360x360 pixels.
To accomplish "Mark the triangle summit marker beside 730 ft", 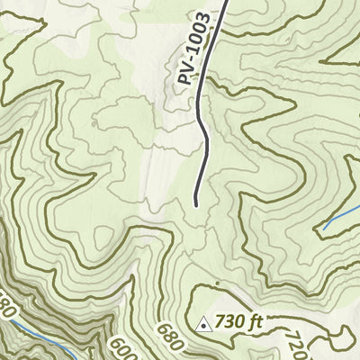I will click(x=204, y=323).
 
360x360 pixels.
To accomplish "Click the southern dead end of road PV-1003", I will click(x=196, y=205).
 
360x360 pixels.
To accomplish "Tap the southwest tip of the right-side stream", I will click(x=324, y=229).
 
